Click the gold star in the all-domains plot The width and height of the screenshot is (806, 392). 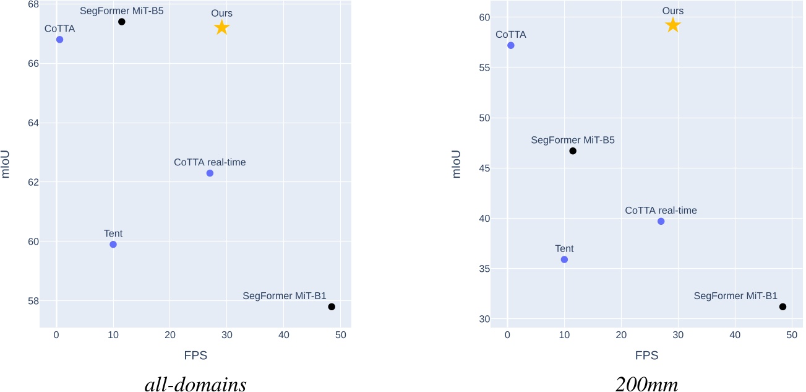221,27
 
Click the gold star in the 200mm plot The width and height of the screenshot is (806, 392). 672,25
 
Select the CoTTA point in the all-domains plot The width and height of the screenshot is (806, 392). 59,40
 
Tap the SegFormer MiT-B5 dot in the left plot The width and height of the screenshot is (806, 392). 122,22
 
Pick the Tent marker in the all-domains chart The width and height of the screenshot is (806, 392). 113,244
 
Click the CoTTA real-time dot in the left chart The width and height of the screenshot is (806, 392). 210,173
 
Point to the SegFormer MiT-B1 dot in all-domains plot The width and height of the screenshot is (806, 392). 332,307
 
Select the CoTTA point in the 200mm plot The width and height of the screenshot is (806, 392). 510,45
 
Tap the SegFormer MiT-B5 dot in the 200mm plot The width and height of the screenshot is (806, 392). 573,150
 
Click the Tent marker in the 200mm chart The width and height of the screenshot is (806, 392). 564,259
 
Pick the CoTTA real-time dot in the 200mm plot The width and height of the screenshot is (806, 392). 661,221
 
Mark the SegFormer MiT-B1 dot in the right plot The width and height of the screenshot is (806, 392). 782,307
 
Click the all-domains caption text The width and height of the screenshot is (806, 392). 195,384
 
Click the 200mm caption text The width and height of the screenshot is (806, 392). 646,384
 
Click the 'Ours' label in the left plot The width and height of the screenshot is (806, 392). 221,12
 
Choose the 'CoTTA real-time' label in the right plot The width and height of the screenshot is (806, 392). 661,211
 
